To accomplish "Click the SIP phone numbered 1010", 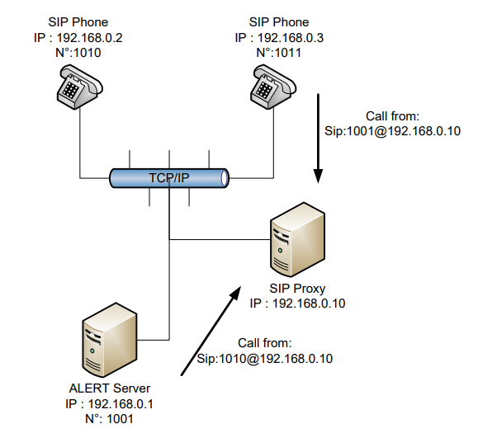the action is [x=80, y=87].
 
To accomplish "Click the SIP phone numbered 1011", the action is [x=273, y=87].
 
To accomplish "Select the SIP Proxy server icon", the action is [x=297, y=240].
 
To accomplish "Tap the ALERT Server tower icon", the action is [x=110, y=340].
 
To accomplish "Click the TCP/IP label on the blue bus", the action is [x=169, y=178].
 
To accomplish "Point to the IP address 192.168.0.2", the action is [x=90, y=38].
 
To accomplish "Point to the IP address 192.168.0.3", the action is [x=291, y=38].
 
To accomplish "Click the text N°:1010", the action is [x=78, y=53].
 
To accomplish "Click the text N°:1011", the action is [x=279, y=53].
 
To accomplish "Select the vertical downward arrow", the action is [x=318, y=139].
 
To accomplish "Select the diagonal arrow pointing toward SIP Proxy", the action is [x=211, y=331].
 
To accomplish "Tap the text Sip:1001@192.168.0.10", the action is [x=392, y=131].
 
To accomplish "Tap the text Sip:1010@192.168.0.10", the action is [x=265, y=359].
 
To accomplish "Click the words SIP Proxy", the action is [x=297, y=289].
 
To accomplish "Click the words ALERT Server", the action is [x=110, y=388].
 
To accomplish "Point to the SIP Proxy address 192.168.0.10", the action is [x=309, y=304].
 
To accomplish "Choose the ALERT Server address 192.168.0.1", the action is [x=121, y=404].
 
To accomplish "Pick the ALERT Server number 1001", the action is [x=120, y=419].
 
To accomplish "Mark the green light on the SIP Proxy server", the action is [x=280, y=251].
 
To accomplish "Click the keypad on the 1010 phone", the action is [x=71, y=89].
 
